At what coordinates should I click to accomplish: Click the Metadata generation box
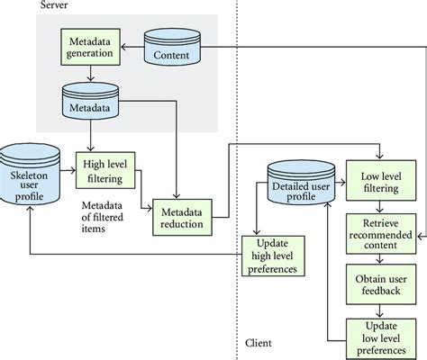(x=88, y=46)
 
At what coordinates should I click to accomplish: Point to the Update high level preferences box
(x=275, y=256)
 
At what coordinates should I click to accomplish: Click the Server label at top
(x=53, y=6)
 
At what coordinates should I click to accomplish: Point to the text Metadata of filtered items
(x=97, y=215)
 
